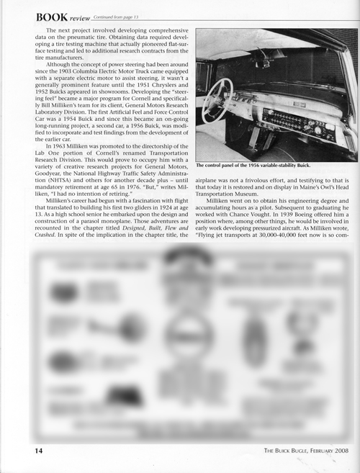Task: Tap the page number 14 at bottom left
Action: [22, 451]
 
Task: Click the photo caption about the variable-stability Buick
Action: [263, 166]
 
